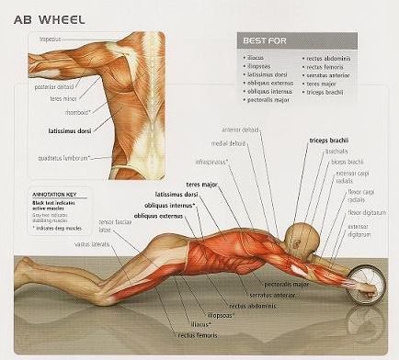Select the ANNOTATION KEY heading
coord(51,195)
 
